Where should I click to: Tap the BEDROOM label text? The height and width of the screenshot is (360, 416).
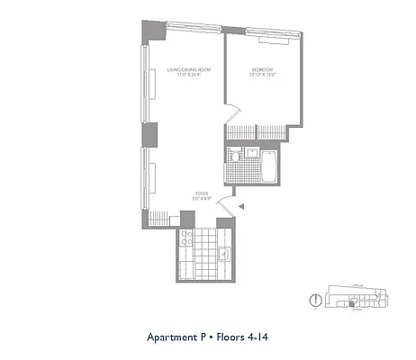[x=262, y=70]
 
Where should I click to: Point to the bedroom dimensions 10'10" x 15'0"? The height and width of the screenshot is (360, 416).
[x=262, y=76]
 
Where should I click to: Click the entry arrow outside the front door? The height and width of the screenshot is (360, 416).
[x=241, y=208]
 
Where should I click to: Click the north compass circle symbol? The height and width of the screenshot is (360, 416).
[x=315, y=300]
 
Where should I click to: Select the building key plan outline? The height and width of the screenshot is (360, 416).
[x=356, y=296]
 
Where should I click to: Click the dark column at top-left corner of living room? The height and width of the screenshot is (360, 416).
[x=148, y=31]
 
